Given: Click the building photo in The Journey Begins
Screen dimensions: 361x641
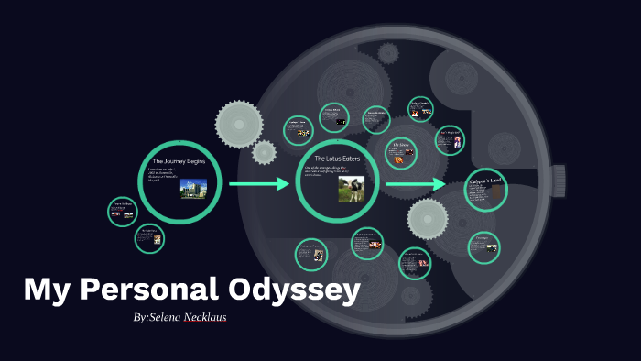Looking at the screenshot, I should pos(192,189).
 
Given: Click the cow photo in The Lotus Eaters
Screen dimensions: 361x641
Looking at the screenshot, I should pos(351,189).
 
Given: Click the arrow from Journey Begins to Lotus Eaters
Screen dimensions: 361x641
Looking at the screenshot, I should pos(258,185).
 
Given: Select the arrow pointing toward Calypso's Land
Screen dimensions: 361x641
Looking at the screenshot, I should pos(415,185).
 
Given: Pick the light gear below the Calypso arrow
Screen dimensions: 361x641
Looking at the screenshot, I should pos(428,219).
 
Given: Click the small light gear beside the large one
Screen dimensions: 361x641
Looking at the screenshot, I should pos(265,152).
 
